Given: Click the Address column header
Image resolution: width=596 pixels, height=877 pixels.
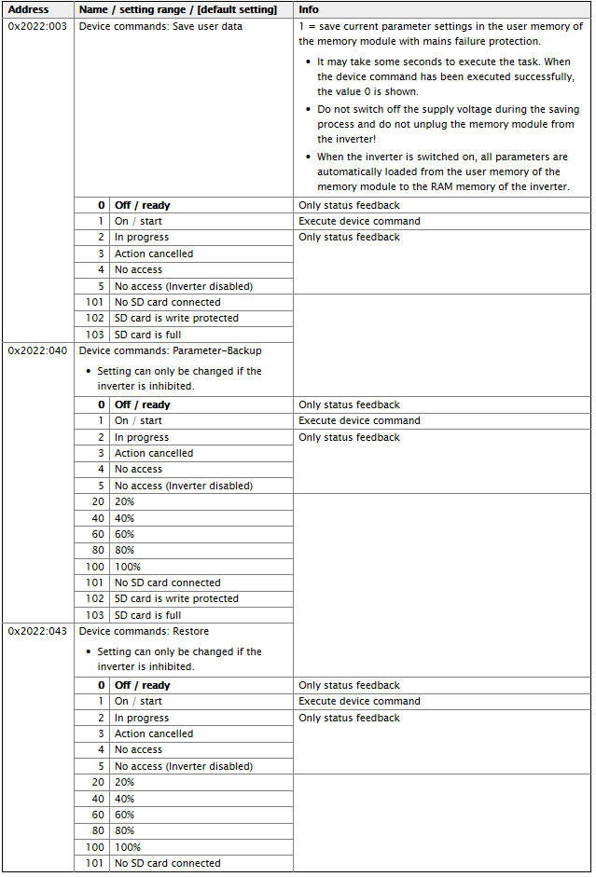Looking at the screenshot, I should tap(28, 9).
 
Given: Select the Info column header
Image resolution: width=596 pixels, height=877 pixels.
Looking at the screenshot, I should tap(309, 9).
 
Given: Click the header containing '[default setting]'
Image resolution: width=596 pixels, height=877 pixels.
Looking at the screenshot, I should tap(177, 9).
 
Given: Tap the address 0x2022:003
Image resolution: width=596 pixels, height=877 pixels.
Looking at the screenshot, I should tap(37, 26).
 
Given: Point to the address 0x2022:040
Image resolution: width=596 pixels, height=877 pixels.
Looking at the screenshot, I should tap(37, 350).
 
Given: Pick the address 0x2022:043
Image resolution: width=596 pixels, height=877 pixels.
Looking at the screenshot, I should tap(37, 631).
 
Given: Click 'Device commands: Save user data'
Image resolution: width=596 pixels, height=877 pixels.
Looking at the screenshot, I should tap(160, 26).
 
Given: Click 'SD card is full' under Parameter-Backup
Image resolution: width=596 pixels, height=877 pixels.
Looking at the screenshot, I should tap(147, 615).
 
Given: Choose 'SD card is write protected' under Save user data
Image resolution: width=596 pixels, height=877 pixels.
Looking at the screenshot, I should tap(176, 318).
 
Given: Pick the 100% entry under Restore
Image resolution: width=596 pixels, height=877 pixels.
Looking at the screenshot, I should tap(127, 847).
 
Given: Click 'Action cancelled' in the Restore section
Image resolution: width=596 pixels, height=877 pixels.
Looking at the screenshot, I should tap(154, 733).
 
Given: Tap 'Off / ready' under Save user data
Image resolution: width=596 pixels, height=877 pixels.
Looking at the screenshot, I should tap(142, 205).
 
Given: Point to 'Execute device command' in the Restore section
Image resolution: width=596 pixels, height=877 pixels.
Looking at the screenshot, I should tap(359, 701).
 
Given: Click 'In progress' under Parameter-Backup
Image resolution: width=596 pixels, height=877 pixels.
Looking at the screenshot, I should tap(142, 437).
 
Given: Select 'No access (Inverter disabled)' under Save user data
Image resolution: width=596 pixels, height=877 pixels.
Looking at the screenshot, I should tap(183, 286).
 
